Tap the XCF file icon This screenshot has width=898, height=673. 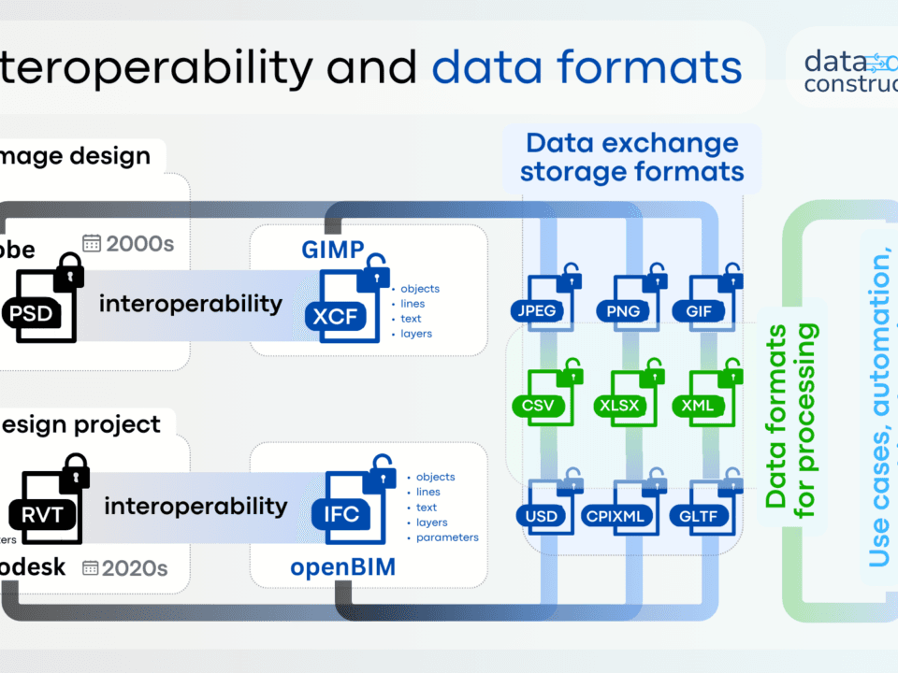click(x=342, y=303)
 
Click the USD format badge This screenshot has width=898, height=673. click(x=541, y=516)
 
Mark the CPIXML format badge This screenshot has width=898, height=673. click(x=618, y=516)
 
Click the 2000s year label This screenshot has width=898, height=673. click(x=140, y=244)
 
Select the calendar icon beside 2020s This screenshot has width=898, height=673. click(x=91, y=567)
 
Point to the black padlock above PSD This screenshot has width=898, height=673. click(x=68, y=271)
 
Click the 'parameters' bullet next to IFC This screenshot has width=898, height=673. click(x=447, y=537)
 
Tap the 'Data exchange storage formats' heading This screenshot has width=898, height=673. click(x=631, y=157)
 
